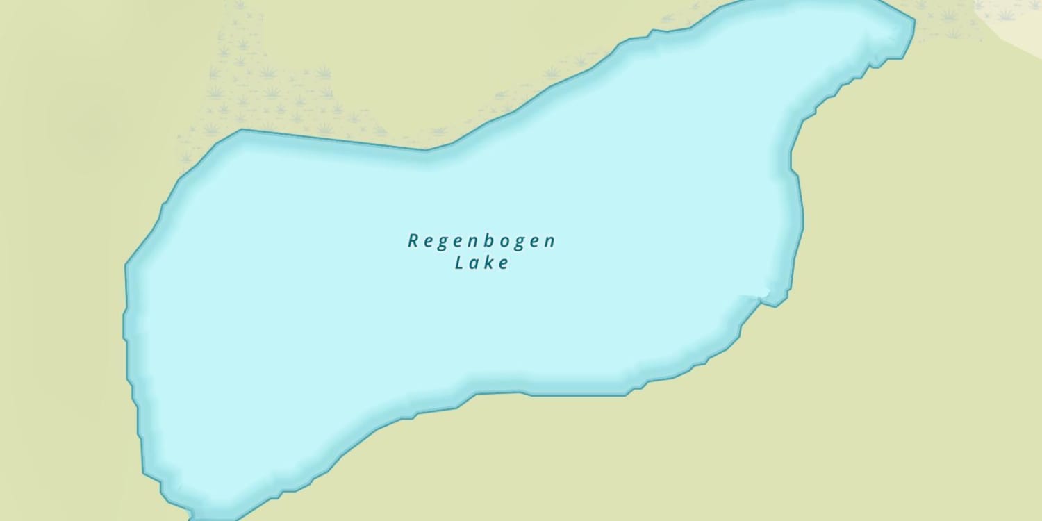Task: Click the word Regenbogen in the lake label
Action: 481,242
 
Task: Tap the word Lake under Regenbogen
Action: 482,263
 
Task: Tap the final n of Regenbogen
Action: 549,242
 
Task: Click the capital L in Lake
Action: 459,263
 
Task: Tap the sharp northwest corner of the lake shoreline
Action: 242,130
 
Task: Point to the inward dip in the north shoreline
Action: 427,149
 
